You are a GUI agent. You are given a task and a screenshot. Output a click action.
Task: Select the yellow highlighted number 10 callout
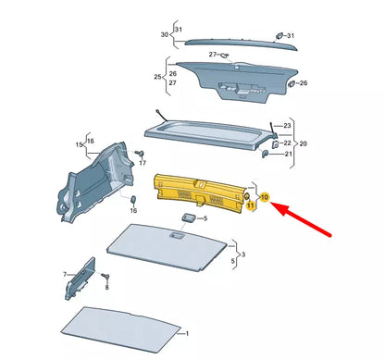pyautogui.click(x=265, y=198)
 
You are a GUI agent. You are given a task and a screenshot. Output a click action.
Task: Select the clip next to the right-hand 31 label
pyautogui.click(x=278, y=37)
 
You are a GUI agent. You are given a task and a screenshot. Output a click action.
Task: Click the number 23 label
pyautogui.click(x=287, y=124)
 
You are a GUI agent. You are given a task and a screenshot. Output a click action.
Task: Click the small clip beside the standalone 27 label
pyautogui.click(x=226, y=56)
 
